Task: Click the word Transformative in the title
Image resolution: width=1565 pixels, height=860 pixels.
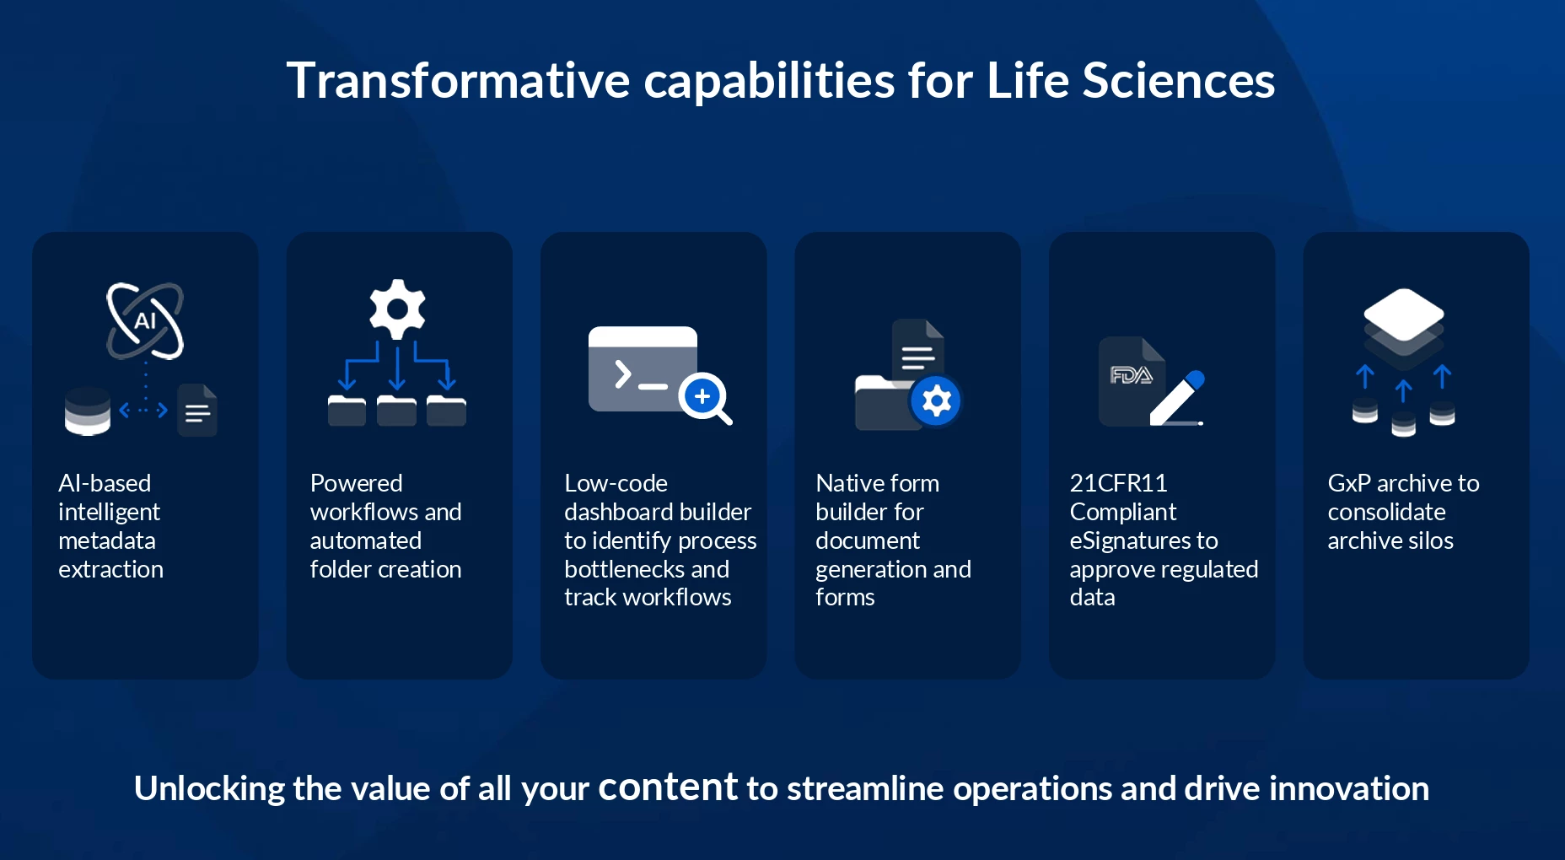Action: coord(458,81)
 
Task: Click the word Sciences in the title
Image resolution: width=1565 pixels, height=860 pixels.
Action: coord(1178,81)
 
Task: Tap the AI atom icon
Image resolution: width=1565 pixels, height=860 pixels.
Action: coord(145,320)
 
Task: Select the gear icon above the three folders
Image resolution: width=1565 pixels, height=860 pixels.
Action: coord(397,309)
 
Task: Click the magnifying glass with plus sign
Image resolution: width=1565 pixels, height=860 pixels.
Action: coord(706,398)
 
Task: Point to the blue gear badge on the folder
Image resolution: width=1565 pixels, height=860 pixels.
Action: coord(936,400)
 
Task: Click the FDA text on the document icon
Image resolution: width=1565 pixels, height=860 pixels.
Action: coord(1131,375)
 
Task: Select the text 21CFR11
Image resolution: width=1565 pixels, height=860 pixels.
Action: coord(1118,483)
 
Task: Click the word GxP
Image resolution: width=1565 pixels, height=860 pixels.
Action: coord(1349,484)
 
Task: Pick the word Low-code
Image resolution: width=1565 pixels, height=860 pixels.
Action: coord(616,483)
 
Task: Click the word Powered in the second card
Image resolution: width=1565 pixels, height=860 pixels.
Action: coord(356,483)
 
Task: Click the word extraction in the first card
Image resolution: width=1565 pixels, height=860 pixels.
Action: coord(110,570)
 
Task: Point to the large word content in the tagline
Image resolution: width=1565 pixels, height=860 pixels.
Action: coord(668,787)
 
